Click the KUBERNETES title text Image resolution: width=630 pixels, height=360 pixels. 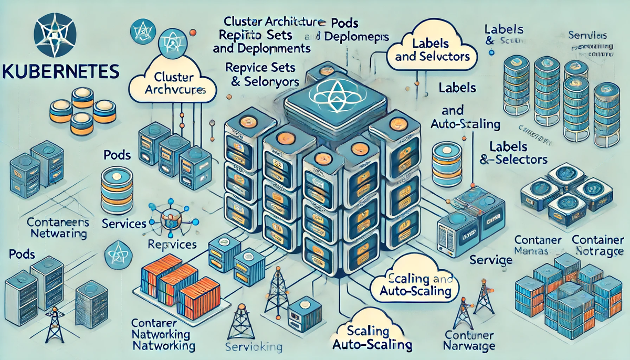[x=60, y=70]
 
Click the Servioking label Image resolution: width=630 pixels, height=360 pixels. [x=253, y=347]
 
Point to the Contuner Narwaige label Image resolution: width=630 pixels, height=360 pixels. [x=469, y=341]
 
